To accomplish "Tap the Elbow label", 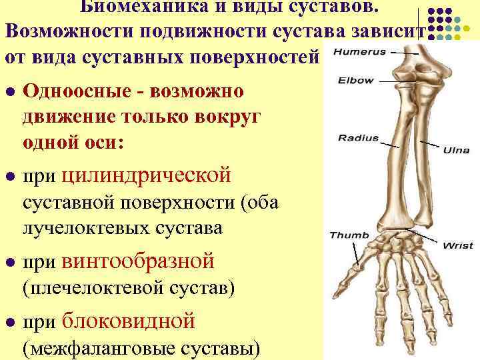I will pyautogui.click(x=356, y=81).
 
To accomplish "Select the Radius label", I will pyautogui.click(x=358, y=139).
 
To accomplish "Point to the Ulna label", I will pyautogui.click(x=457, y=151).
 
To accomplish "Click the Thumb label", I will pyautogui.click(x=345, y=235).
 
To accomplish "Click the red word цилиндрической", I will pyautogui.click(x=147, y=175).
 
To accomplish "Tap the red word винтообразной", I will pyautogui.click(x=138, y=261).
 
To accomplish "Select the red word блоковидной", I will pyautogui.click(x=128, y=321).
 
